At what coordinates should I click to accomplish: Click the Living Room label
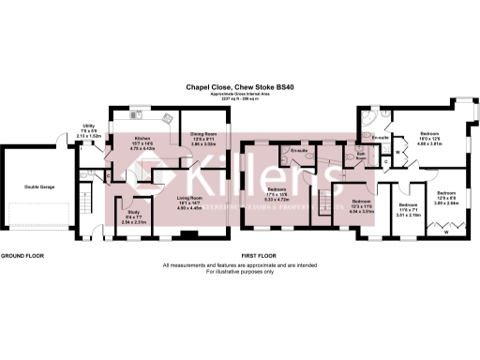point(191,203)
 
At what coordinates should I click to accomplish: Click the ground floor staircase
point(83,199)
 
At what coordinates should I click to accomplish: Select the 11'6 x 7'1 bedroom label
point(408,210)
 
